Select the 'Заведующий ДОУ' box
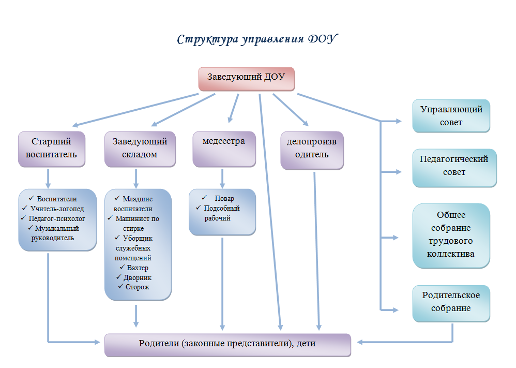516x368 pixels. pyautogui.click(x=246, y=78)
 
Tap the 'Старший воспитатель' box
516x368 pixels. pyautogui.click(x=51, y=148)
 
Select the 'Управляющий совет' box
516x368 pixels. pyautogui.click(x=451, y=116)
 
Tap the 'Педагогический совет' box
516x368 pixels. pyautogui.click(x=454, y=166)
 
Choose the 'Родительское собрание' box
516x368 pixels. pyautogui.click(x=451, y=302)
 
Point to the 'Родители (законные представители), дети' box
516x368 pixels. pyautogui.click(x=227, y=344)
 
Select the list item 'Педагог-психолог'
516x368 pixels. pyautogui.click(x=57, y=218)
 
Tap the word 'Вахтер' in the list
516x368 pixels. pyautogui.click(x=138, y=268)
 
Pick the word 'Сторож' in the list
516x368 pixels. pyautogui.click(x=138, y=287)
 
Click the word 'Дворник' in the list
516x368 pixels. pyautogui.click(x=138, y=277)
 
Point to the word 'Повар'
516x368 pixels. pyautogui.click(x=224, y=199)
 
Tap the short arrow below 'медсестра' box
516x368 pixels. pyautogui.click(x=223, y=179)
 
